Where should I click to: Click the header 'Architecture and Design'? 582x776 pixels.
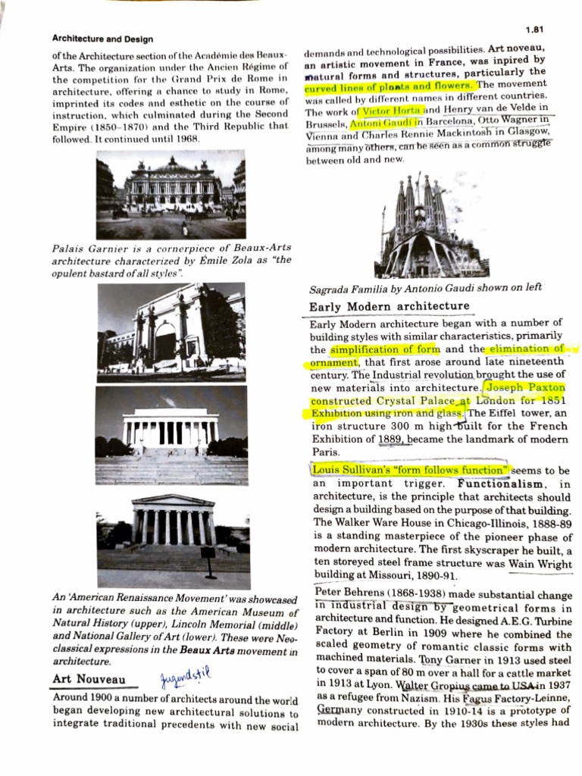[x=102, y=39]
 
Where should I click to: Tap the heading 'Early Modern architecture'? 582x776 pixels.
[x=390, y=307]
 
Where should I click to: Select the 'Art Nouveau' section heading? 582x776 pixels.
[x=89, y=679]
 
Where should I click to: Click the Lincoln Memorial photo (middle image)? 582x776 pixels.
[x=172, y=434]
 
